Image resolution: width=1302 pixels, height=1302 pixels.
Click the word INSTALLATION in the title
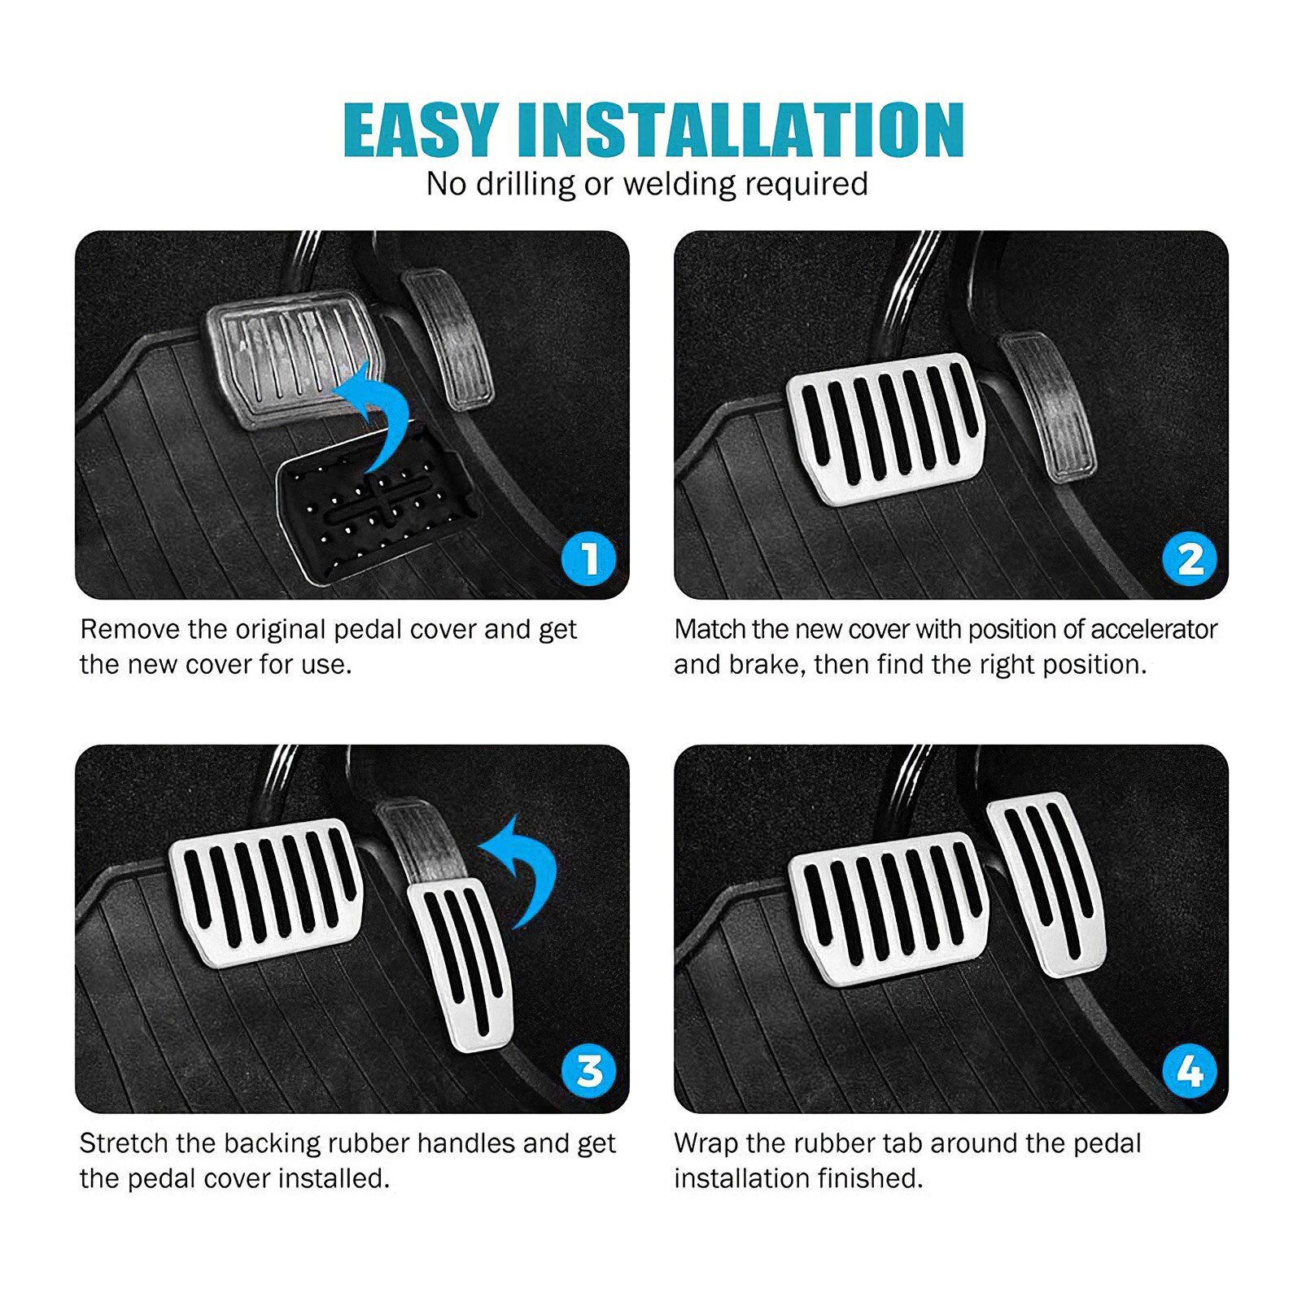tap(741, 129)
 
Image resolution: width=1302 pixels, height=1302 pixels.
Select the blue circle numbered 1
tap(588, 558)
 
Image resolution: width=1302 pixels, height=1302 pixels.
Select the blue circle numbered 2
tap(1189, 558)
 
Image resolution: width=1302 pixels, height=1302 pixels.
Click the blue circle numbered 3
tap(588, 1071)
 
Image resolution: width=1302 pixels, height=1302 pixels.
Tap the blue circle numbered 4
tap(1189, 1071)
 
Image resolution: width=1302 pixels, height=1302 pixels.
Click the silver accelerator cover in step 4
tap(1050, 883)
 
